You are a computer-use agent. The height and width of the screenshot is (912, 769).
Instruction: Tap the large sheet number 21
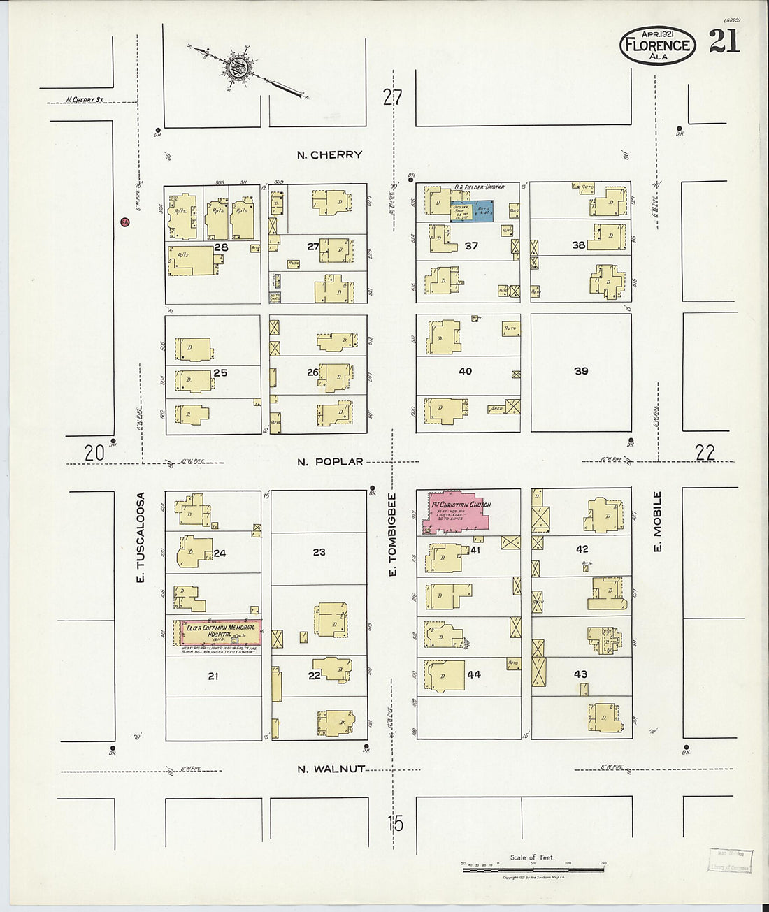[724, 43]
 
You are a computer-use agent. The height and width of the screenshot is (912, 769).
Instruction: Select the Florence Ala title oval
[657, 46]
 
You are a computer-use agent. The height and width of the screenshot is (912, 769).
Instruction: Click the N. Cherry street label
[329, 155]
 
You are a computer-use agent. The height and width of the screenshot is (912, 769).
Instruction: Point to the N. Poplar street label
[330, 462]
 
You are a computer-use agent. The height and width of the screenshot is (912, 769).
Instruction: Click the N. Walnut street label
[331, 769]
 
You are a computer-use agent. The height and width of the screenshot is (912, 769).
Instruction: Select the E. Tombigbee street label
[392, 535]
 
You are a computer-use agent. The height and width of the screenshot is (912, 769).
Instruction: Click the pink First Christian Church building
[458, 514]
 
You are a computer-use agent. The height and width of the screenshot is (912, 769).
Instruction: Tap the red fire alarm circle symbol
[124, 222]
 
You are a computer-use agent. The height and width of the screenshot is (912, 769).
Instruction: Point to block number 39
[581, 371]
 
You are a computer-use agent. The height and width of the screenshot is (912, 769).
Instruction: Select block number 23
[319, 552]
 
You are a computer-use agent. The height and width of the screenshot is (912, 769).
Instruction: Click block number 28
[222, 247]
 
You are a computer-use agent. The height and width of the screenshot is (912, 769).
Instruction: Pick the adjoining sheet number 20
[94, 453]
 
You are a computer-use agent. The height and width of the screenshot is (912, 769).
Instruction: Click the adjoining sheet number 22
[705, 453]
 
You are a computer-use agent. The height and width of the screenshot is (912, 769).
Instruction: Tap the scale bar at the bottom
[533, 869]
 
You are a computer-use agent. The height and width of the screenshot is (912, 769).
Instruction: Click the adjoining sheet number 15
[395, 823]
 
